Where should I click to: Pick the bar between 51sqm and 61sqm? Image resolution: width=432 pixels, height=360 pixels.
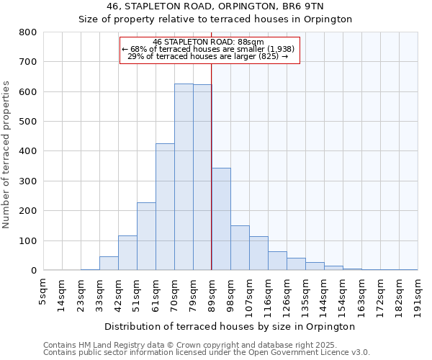click(146, 237)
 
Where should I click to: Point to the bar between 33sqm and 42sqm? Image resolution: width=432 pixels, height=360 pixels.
click(109, 264)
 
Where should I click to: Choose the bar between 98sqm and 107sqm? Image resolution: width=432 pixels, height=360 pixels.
click(240, 248)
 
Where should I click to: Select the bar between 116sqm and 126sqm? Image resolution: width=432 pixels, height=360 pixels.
click(277, 261)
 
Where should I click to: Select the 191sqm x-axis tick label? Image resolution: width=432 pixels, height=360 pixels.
click(418, 294)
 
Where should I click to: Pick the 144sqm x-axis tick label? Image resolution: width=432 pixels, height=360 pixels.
click(324, 294)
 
